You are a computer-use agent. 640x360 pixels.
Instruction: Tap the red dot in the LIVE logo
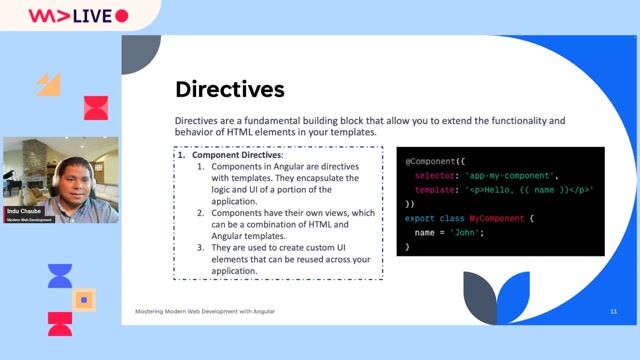point(122,16)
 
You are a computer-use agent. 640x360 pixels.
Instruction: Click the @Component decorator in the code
point(435,161)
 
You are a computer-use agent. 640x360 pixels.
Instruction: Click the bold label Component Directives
point(237,156)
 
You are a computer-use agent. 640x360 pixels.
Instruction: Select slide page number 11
point(613,312)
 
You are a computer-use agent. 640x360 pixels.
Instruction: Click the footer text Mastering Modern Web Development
point(205,312)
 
